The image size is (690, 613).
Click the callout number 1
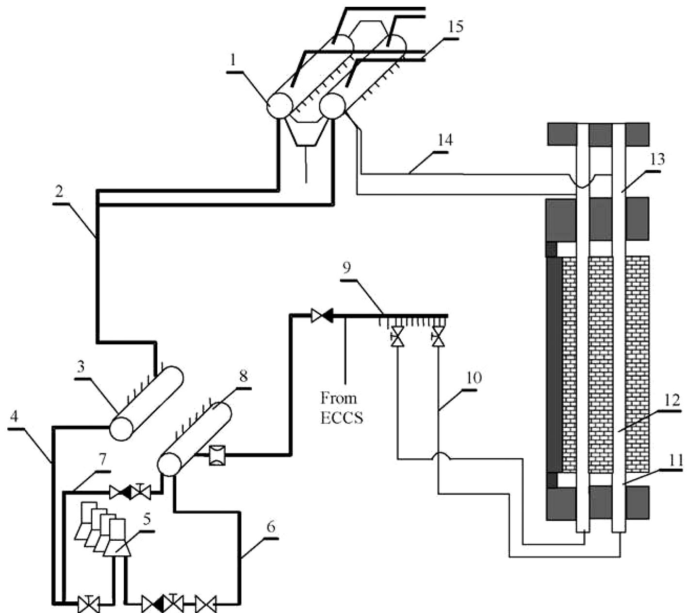click(x=233, y=61)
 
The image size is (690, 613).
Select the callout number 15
click(x=456, y=26)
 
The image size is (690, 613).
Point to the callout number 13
click(x=658, y=159)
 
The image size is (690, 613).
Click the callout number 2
click(x=59, y=193)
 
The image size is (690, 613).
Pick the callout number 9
click(x=346, y=269)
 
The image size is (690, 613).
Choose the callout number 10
click(x=474, y=378)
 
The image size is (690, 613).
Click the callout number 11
click(x=675, y=460)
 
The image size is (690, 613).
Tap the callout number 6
click(x=271, y=526)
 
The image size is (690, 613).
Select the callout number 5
click(x=146, y=518)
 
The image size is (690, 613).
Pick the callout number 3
click(x=80, y=367)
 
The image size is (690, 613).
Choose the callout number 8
click(x=243, y=376)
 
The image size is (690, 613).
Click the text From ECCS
click(x=342, y=408)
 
